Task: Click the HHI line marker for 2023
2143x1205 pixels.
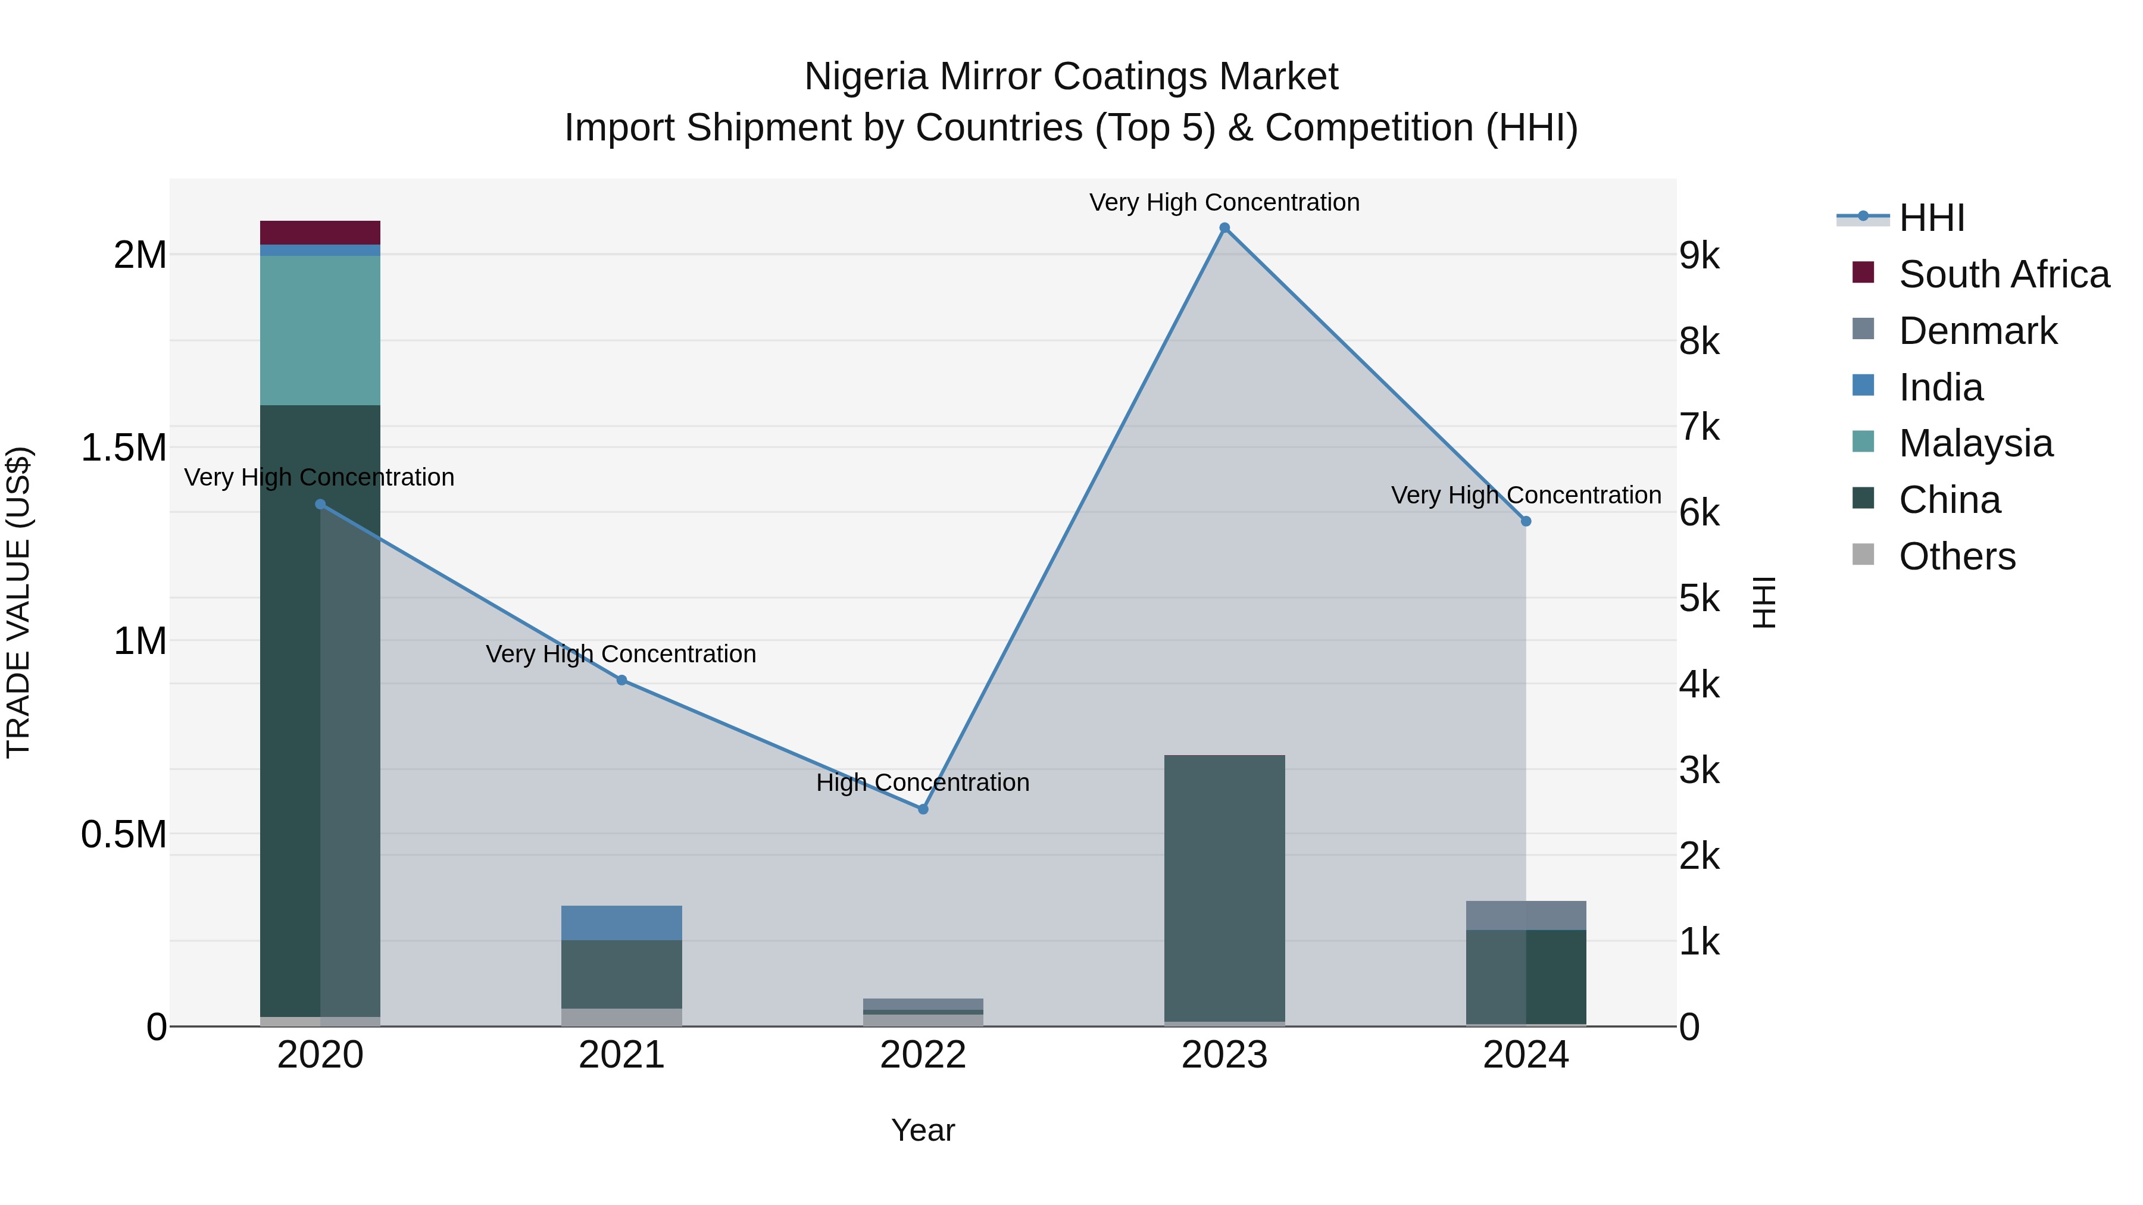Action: click(1224, 228)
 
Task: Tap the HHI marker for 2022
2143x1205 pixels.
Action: click(923, 808)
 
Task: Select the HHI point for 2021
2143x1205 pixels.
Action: click(621, 680)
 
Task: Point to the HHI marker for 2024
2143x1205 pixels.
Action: click(1526, 521)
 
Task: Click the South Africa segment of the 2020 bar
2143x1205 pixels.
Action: click(320, 233)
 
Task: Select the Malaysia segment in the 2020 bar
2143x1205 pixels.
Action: click(320, 330)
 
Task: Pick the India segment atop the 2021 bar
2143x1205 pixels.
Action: click(621, 922)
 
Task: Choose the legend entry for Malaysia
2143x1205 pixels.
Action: click(1976, 443)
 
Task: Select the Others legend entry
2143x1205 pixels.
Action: click(1957, 556)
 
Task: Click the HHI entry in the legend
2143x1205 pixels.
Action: click(1932, 218)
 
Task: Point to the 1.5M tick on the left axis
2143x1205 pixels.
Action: click(124, 447)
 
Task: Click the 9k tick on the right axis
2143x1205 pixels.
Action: click(1699, 255)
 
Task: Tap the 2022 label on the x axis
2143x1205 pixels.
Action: click(923, 1055)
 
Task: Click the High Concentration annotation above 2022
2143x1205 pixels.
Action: click(923, 783)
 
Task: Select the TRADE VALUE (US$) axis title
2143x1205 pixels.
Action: click(18, 602)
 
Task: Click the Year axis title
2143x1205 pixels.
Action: click(923, 1130)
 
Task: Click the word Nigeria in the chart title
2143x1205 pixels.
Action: click(866, 77)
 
